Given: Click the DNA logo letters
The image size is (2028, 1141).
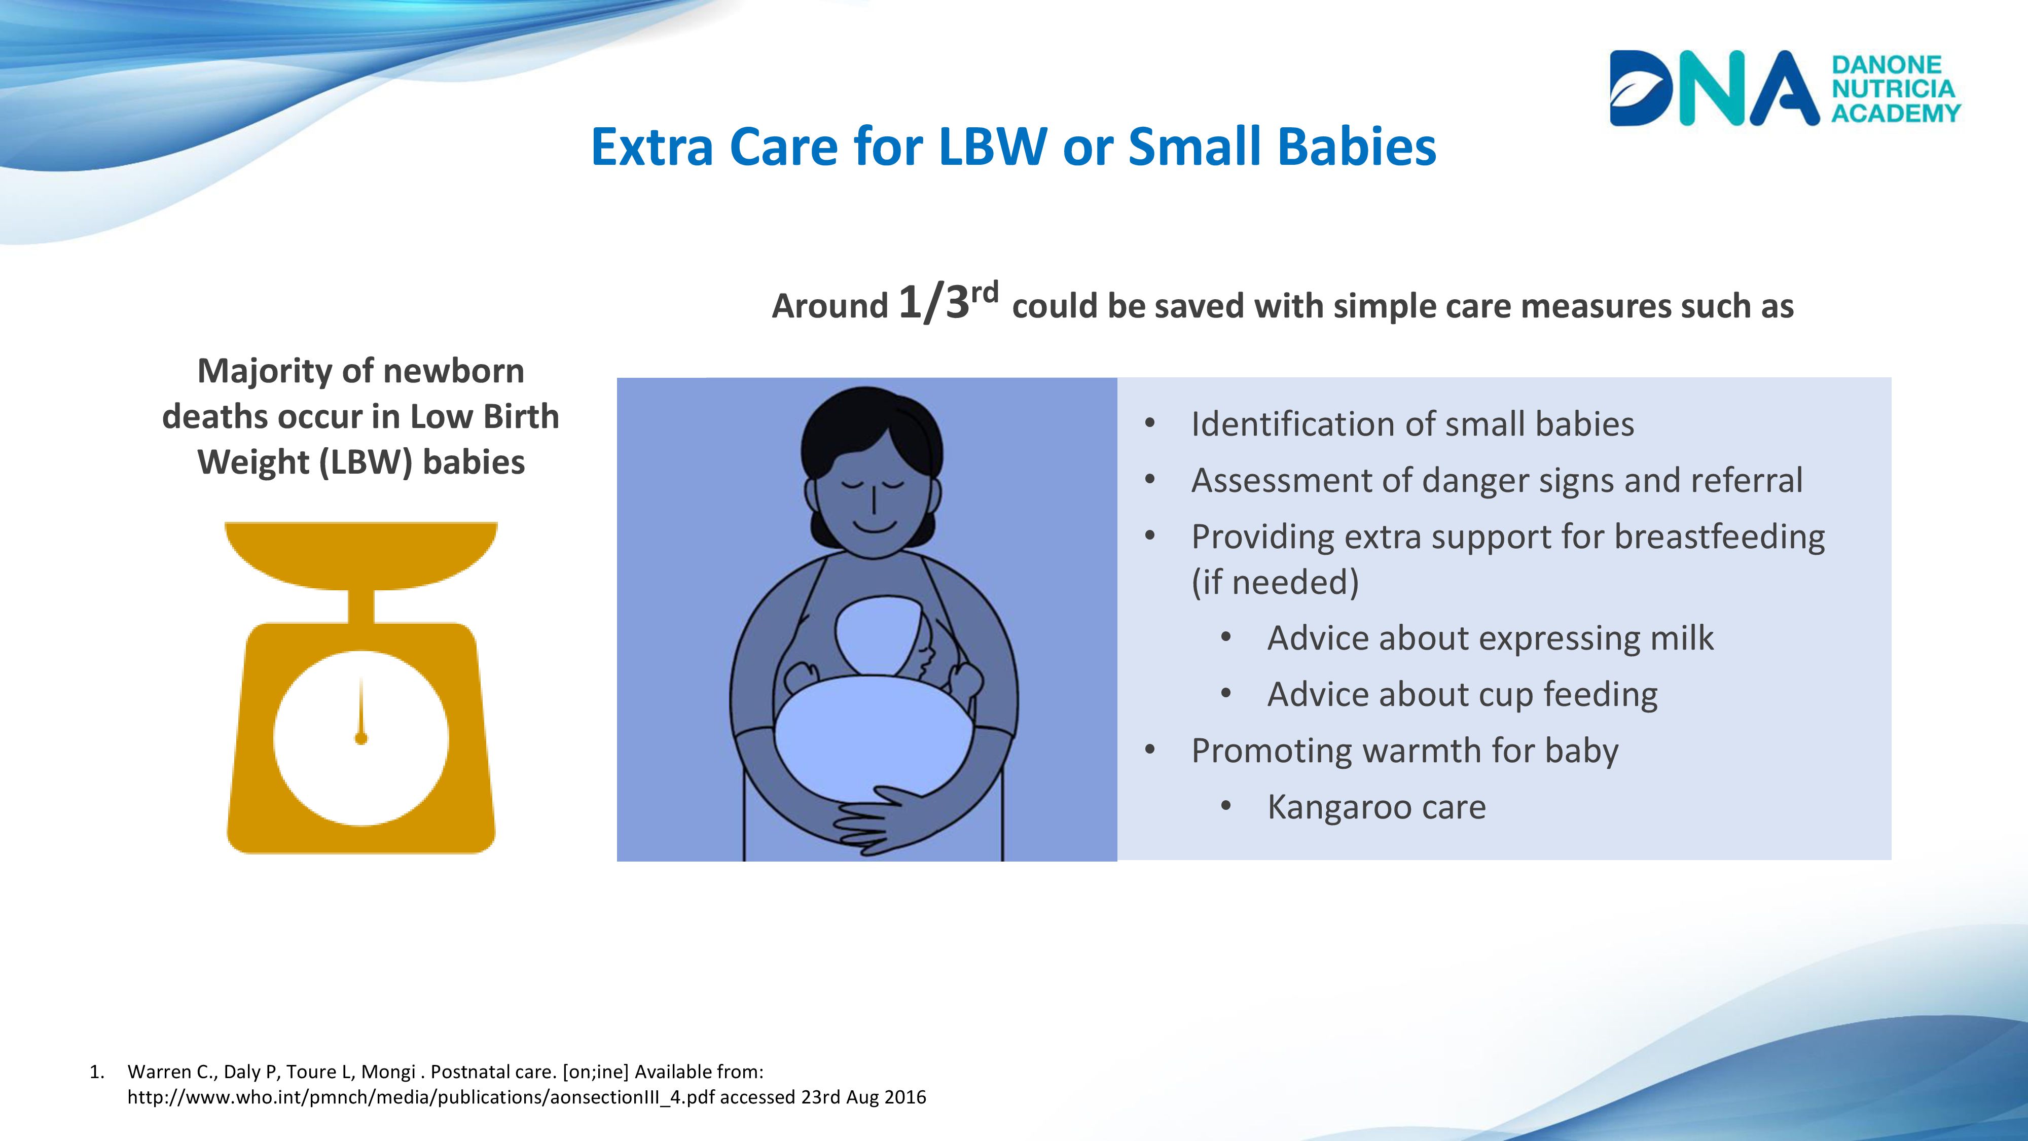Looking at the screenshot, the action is [x=1715, y=88].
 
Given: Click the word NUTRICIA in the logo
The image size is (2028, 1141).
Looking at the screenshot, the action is [x=1893, y=89].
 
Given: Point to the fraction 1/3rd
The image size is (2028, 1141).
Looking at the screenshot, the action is [x=949, y=302].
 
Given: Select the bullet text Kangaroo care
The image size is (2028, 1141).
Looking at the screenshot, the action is [x=1376, y=807].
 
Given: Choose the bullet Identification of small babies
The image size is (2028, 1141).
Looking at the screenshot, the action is [x=1413, y=423].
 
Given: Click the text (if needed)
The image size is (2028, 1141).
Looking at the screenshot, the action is [x=1276, y=583].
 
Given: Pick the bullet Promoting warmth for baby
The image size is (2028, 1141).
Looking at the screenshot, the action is [x=1404, y=751].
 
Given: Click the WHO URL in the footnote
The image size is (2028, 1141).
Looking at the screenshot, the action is [x=421, y=1097].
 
